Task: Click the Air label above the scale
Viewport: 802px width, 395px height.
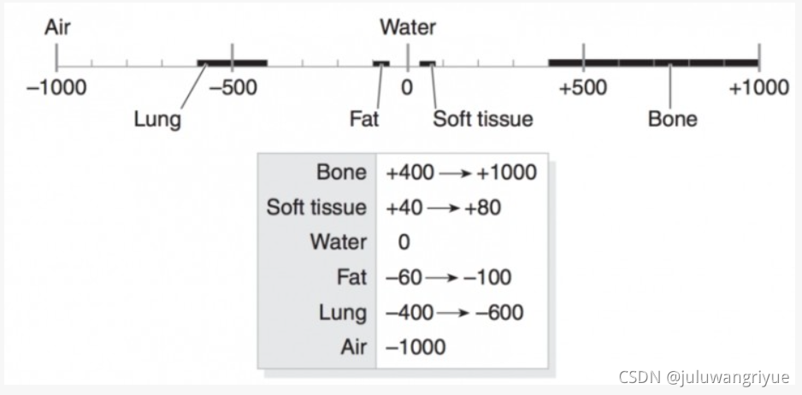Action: coord(57,27)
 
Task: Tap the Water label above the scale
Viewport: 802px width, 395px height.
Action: coord(408,27)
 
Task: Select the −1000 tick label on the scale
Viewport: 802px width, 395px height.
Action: coord(57,88)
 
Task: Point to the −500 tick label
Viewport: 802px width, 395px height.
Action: coord(233,88)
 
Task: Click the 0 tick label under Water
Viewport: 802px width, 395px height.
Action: coord(407,88)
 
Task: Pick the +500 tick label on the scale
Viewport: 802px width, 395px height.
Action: coord(583,88)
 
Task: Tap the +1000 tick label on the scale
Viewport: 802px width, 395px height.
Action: coord(758,88)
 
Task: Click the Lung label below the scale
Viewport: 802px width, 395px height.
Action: coord(157,119)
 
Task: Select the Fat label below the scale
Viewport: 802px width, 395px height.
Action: coord(364,119)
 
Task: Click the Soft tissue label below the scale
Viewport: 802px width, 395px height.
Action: coord(482,119)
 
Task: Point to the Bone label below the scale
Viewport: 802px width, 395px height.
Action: coord(672,119)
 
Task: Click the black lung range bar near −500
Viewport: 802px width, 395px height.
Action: coord(232,63)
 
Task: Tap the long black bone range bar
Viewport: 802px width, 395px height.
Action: coord(653,63)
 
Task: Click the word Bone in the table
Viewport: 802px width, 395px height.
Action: coord(341,173)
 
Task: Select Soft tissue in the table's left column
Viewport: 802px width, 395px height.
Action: coord(316,208)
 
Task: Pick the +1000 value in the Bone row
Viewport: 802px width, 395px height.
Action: coord(507,173)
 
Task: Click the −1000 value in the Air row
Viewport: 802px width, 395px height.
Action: coord(416,347)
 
